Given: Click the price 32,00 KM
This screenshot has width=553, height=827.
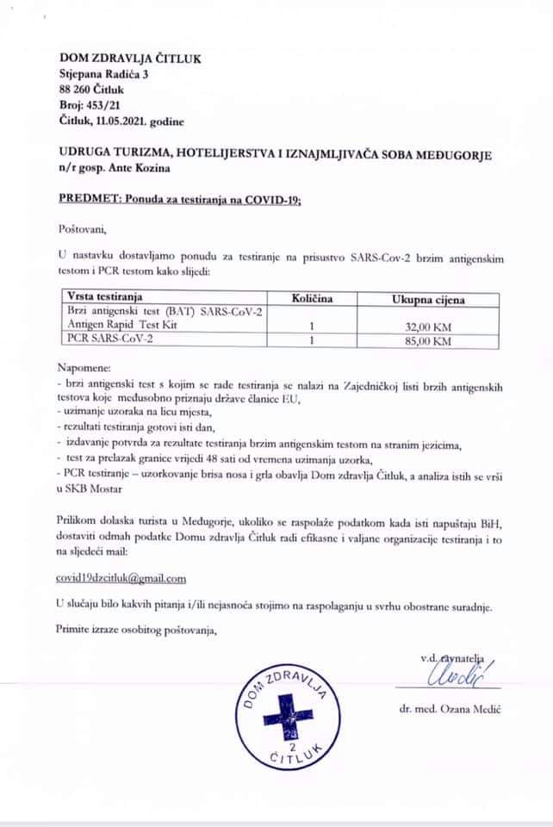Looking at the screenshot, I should click(x=428, y=326).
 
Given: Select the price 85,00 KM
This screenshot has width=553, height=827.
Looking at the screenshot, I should click(x=428, y=341).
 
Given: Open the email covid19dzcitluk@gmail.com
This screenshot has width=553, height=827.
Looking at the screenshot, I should click(x=121, y=578).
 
